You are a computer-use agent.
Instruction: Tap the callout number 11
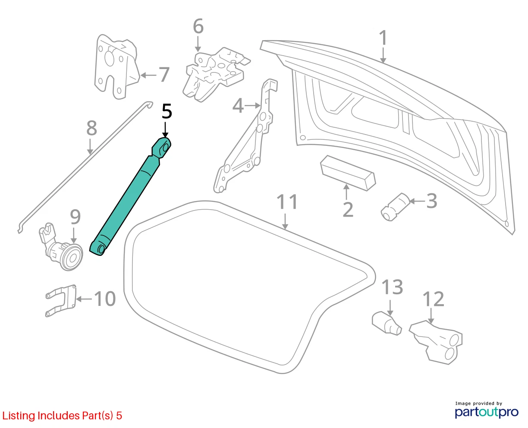(x=287, y=202)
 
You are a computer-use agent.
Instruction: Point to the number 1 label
(x=383, y=38)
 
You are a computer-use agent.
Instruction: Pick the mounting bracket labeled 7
(x=116, y=67)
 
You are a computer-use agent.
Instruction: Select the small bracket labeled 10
(x=61, y=301)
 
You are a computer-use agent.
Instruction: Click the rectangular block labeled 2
(x=348, y=173)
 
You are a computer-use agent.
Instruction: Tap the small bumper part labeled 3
(x=395, y=207)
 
